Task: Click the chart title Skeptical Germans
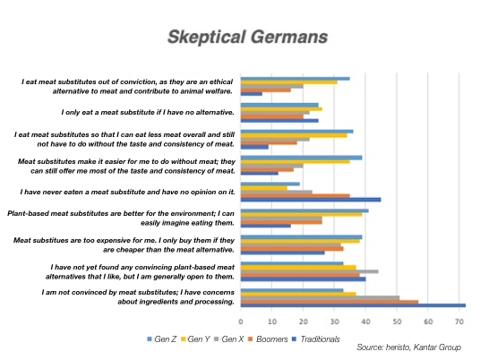248,37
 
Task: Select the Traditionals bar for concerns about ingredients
353,305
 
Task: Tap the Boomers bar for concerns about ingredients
330,302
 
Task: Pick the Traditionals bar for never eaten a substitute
311,200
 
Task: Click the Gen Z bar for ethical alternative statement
296,79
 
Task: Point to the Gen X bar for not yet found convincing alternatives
310,271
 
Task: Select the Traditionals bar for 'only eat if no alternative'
279,121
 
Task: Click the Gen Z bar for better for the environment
304,210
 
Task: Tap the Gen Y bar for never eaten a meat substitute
264,188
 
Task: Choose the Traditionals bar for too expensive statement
283,253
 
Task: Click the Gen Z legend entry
161,339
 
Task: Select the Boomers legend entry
268,339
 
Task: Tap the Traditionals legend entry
316,339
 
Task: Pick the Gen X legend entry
229,339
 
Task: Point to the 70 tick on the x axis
459,321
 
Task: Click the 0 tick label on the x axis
241,321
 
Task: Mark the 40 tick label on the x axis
365,321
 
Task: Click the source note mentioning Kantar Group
408,347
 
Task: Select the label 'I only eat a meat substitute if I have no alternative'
148,112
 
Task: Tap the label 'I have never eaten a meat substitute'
128,192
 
